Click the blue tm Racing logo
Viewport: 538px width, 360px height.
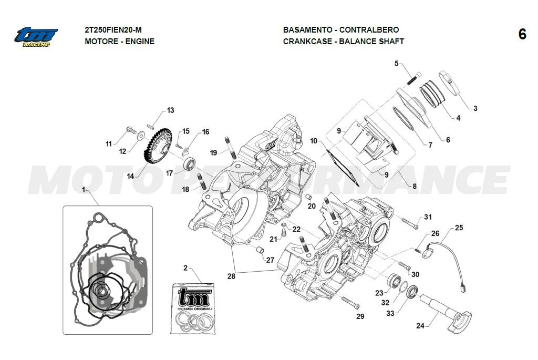pyautogui.click(x=36, y=36)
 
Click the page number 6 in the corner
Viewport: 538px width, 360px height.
pyautogui.click(x=522, y=35)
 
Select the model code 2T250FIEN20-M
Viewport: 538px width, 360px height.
pyautogui.click(x=113, y=30)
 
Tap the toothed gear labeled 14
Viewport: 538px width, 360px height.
pyautogui.click(x=156, y=144)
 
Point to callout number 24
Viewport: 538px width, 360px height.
pyautogui.click(x=420, y=326)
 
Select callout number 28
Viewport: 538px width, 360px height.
pyautogui.click(x=232, y=275)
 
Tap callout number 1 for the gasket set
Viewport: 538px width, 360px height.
pyautogui.click(x=83, y=189)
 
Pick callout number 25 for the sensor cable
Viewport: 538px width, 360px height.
pyautogui.click(x=459, y=228)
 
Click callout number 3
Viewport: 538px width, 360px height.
pyautogui.click(x=475, y=109)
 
